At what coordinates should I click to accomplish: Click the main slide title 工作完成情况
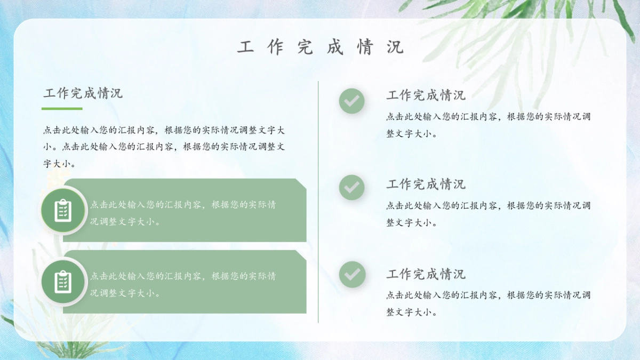320,47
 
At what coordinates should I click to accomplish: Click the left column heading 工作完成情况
83,93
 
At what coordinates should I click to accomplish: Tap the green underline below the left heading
62,108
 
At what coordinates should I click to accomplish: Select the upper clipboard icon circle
63,210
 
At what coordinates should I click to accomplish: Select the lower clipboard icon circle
63,282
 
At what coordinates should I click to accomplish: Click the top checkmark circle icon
351,101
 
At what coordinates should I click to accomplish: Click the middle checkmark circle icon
351,187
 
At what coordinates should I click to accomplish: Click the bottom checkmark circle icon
351,275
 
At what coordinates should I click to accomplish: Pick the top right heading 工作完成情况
426,95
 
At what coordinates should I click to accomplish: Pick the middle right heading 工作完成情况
426,185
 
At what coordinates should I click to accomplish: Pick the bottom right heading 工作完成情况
426,274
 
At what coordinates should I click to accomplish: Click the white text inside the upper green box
183,213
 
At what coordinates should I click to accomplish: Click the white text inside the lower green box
183,284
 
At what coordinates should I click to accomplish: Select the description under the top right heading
488,125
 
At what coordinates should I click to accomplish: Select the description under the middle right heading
488,214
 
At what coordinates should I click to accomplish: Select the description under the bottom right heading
488,303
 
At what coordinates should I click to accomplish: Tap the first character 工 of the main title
245,47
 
